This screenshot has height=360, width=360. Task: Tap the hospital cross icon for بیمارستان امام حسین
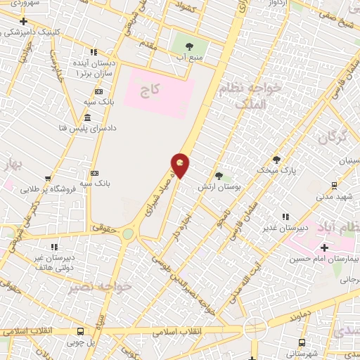tap(323, 247)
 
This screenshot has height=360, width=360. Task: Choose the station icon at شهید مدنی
tap(334, 186)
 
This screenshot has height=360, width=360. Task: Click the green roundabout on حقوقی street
tap(128, 233)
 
